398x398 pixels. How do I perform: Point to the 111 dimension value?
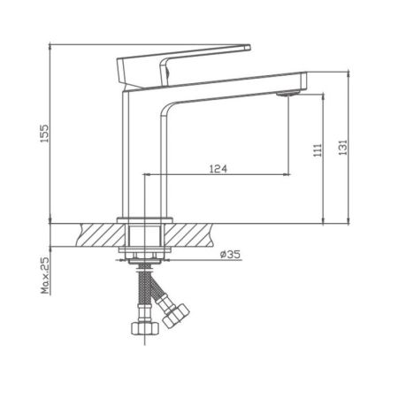coord(317,151)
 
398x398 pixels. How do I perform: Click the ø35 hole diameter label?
coord(232,255)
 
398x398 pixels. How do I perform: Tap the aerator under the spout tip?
coord(285,93)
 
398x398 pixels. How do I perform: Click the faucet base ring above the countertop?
coord(144,218)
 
